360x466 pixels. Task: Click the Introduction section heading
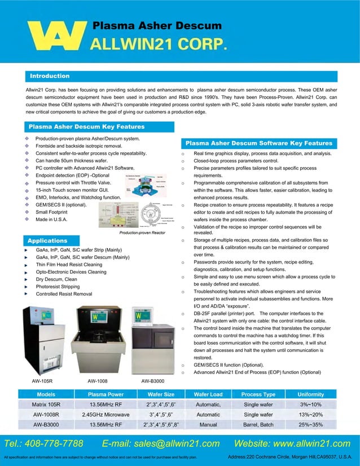[x=50, y=76]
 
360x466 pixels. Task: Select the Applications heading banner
[x=48, y=240]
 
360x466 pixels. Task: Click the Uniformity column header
[x=311, y=394]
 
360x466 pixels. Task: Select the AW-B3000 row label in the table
[x=46, y=425]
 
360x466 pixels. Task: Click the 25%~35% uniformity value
[x=311, y=425]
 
